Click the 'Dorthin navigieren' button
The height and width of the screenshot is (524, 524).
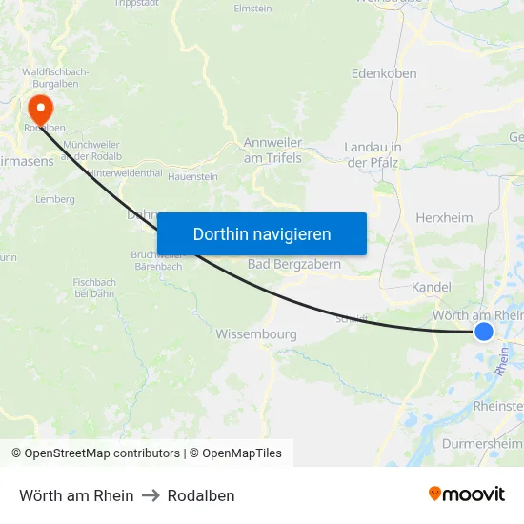click(x=261, y=234)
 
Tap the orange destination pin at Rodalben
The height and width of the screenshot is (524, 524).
click(x=41, y=106)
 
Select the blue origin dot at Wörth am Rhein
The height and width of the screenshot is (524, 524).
click(x=484, y=331)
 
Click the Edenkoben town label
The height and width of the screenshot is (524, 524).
click(x=384, y=73)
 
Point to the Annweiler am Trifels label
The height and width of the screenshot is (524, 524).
click(x=272, y=150)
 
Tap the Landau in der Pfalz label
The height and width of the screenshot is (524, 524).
click(x=372, y=154)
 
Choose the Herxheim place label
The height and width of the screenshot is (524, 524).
click(x=444, y=218)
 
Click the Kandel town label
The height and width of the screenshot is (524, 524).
click(x=431, y=287)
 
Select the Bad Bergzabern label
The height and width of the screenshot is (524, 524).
click(x=294, y=264)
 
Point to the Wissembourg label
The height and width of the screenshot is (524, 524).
click(x=256, y=334)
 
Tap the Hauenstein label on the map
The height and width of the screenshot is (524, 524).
click(x=192, y=177)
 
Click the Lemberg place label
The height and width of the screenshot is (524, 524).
click(x=54, y=199)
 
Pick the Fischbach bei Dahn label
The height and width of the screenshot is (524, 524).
click(x=94, y=287)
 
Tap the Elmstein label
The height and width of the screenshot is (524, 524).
click(x=252, y=8)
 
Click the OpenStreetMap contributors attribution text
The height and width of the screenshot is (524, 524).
click(x=103, y=453)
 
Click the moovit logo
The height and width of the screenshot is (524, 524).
click(x=467, y=494)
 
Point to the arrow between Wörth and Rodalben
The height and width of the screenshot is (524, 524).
click(x=151, y=495)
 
